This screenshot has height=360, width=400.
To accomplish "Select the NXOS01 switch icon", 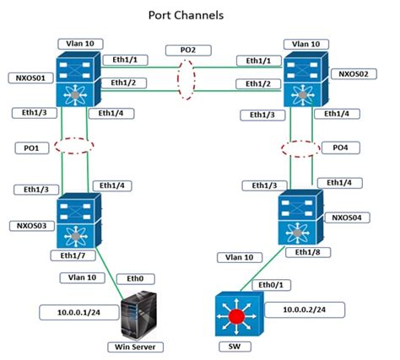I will (x=78, y=79).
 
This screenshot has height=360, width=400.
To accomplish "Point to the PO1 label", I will (x=30, y=147).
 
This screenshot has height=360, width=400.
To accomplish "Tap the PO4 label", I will (x=339, y=147).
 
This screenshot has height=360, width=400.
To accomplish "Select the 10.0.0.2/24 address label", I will (x=297, y=309).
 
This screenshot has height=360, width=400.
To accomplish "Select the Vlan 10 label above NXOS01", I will (x=79, y=42).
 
